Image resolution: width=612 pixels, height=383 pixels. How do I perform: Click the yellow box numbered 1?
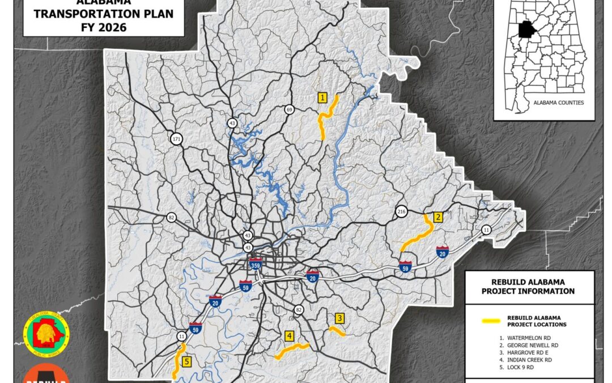pos(322,98)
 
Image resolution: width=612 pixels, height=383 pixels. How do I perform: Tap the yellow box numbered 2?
pos(437,217)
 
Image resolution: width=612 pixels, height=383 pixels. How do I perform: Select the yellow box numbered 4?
pos(290,336)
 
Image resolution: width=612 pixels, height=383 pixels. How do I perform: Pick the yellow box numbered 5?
pos(186,361)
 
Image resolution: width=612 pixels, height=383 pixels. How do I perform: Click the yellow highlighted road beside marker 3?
pos(337,332)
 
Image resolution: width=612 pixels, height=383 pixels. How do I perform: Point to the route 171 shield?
pos(177,138)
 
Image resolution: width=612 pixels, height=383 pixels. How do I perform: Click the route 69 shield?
pos(290,110)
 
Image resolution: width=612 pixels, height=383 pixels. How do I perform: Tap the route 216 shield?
pos(402,212)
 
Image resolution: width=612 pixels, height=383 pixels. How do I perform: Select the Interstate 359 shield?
pos(255,264)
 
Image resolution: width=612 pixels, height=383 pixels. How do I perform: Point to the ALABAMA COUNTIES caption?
pos(558,103)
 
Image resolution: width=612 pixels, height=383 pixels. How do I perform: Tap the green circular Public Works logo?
pos(46,333)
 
